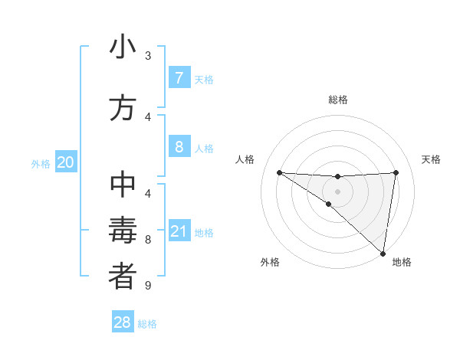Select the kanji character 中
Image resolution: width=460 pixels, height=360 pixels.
click(123, 187)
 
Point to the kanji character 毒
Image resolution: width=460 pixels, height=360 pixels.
click(123, 231)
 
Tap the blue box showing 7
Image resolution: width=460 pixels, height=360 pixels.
click(179, 78)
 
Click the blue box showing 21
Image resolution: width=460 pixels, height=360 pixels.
click(179, 231)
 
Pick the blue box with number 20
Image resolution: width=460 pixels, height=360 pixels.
click(66, 162)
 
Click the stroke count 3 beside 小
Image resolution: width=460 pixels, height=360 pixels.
click(148, 56)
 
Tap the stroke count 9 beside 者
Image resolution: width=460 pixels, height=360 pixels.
click(148, 286)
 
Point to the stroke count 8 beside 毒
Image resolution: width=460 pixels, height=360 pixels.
click(148, 240)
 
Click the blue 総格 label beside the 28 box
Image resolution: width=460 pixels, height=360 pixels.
click(147, 324)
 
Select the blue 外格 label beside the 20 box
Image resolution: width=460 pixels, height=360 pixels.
click(41, 164)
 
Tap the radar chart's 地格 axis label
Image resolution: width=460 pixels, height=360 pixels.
click(402, 262)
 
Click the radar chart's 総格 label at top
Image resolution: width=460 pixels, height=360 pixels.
click(337, 100)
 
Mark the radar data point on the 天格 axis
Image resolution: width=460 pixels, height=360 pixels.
click(396, 172)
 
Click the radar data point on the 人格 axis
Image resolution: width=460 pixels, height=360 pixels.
click(279, 172)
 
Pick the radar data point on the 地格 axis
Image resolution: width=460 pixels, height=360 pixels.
click(383, 253)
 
